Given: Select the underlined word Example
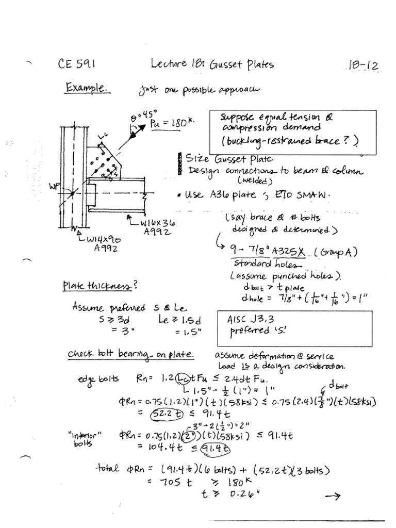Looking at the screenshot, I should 87,89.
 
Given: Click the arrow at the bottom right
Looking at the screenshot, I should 333,497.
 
